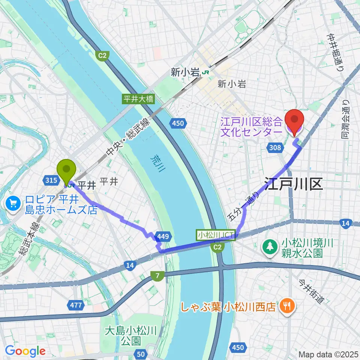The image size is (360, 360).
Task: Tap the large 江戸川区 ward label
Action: [x=294, y=184]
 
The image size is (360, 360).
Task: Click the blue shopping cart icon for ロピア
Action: [x=13, y=204]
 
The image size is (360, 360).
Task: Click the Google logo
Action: [x=25, y=351]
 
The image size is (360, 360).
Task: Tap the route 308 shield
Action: [x=275, y=148]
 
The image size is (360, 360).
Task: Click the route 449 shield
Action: [x=165, y=237]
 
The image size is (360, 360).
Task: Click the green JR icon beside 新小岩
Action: [x=205, y=72]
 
